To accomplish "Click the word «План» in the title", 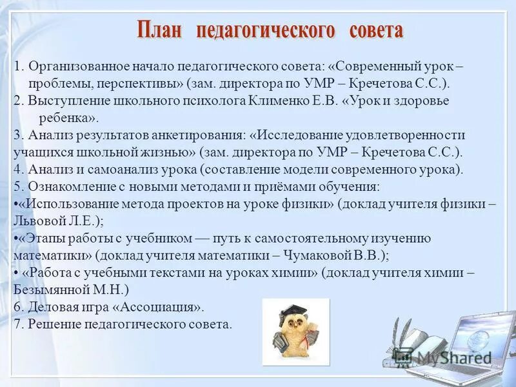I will (x=160, y=30).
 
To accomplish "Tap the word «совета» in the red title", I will (x=376, y=30).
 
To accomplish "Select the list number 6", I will (x=17, y=306).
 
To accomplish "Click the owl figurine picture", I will (x=295, y=332).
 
